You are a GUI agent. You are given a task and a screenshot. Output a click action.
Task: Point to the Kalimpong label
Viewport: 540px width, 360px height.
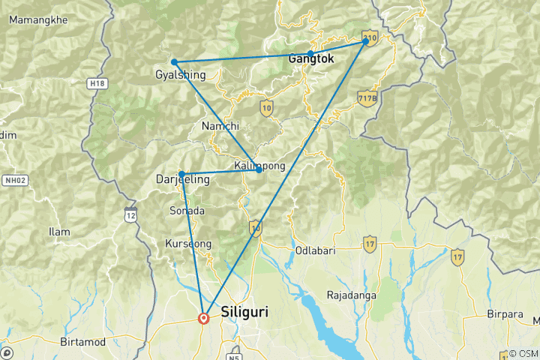(259, 166)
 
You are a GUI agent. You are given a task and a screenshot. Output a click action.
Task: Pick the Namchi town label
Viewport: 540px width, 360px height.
(220, 127)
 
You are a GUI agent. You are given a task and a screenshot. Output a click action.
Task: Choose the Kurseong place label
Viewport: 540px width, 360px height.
(187, 244)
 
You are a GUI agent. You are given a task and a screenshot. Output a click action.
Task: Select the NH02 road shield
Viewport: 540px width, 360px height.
(18, 180)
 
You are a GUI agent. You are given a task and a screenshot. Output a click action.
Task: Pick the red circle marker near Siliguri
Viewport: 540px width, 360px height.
(203, 318)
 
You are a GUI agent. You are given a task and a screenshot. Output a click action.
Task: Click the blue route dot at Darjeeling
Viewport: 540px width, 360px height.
(182, 174)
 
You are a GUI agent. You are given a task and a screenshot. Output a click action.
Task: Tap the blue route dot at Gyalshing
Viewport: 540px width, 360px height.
(174, 62)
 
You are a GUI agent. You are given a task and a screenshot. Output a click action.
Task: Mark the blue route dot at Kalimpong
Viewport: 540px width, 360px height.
(259, 170)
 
